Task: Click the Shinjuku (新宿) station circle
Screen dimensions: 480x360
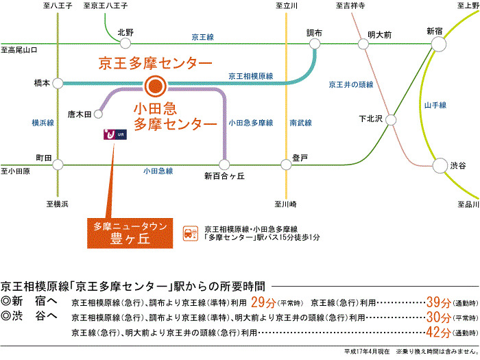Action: (439, 44)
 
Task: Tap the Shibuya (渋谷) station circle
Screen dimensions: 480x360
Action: (440, 166)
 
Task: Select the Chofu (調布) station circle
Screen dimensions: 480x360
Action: (315, 44)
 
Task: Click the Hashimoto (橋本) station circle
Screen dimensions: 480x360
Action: (58, 83)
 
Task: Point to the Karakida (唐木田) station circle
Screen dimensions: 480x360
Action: (98, 115)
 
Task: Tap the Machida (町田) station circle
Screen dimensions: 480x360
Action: (58, 165)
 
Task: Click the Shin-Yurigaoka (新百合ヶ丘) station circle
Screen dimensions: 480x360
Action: (224, 165)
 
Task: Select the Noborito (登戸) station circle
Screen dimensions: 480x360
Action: (286, 165)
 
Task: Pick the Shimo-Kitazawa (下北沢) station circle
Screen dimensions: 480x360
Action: (391, 120)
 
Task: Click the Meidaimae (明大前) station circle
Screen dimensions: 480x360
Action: (363, 44)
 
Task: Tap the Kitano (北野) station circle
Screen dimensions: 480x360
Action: (125, 43)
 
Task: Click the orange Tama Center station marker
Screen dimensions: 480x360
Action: (156, 86)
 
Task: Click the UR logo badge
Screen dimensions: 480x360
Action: (115, 134)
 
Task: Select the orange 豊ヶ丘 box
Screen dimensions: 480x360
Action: (130, 233)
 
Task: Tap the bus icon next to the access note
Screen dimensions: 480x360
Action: (191, 234)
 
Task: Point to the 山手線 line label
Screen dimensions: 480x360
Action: (435, 106)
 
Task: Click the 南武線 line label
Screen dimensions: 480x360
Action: (301, 123)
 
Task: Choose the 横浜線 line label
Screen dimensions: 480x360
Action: (43, 123)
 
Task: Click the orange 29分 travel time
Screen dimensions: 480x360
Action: (263, 302)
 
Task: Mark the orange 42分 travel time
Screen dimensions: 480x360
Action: (439, 332)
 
